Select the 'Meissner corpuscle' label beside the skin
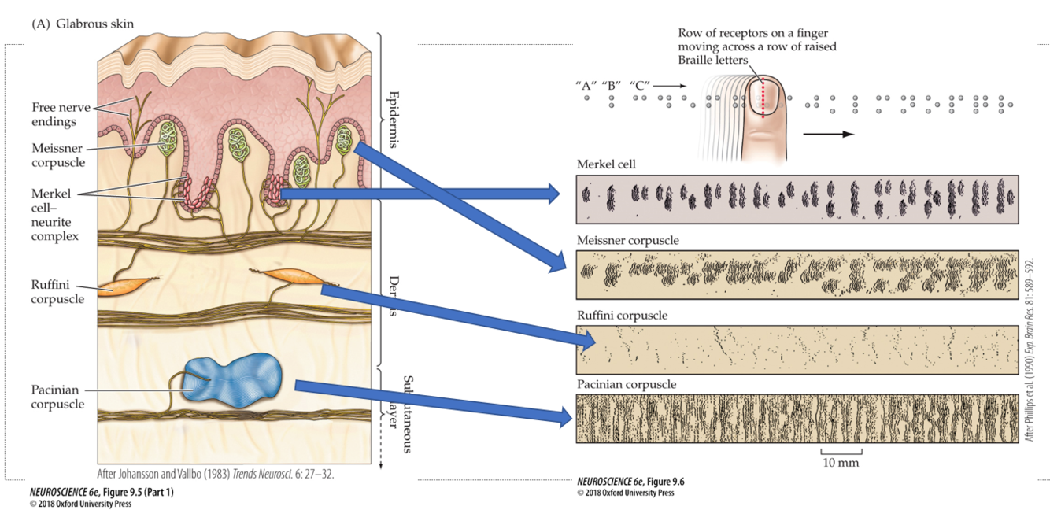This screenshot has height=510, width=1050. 57,155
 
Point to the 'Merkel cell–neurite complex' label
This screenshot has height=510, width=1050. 55,214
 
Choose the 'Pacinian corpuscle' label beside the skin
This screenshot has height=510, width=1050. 57,397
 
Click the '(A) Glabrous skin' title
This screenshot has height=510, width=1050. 83,24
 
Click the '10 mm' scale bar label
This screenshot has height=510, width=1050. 841,462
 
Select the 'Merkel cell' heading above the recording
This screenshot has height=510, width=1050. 606,164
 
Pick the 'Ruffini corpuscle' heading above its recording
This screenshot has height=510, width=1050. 622,315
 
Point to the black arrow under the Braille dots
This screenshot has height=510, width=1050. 828,134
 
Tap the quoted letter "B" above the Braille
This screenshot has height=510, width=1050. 612,85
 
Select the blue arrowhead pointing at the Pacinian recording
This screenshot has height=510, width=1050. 562,416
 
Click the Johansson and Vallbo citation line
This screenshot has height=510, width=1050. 220,475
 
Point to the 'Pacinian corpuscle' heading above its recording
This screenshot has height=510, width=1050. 626,385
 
